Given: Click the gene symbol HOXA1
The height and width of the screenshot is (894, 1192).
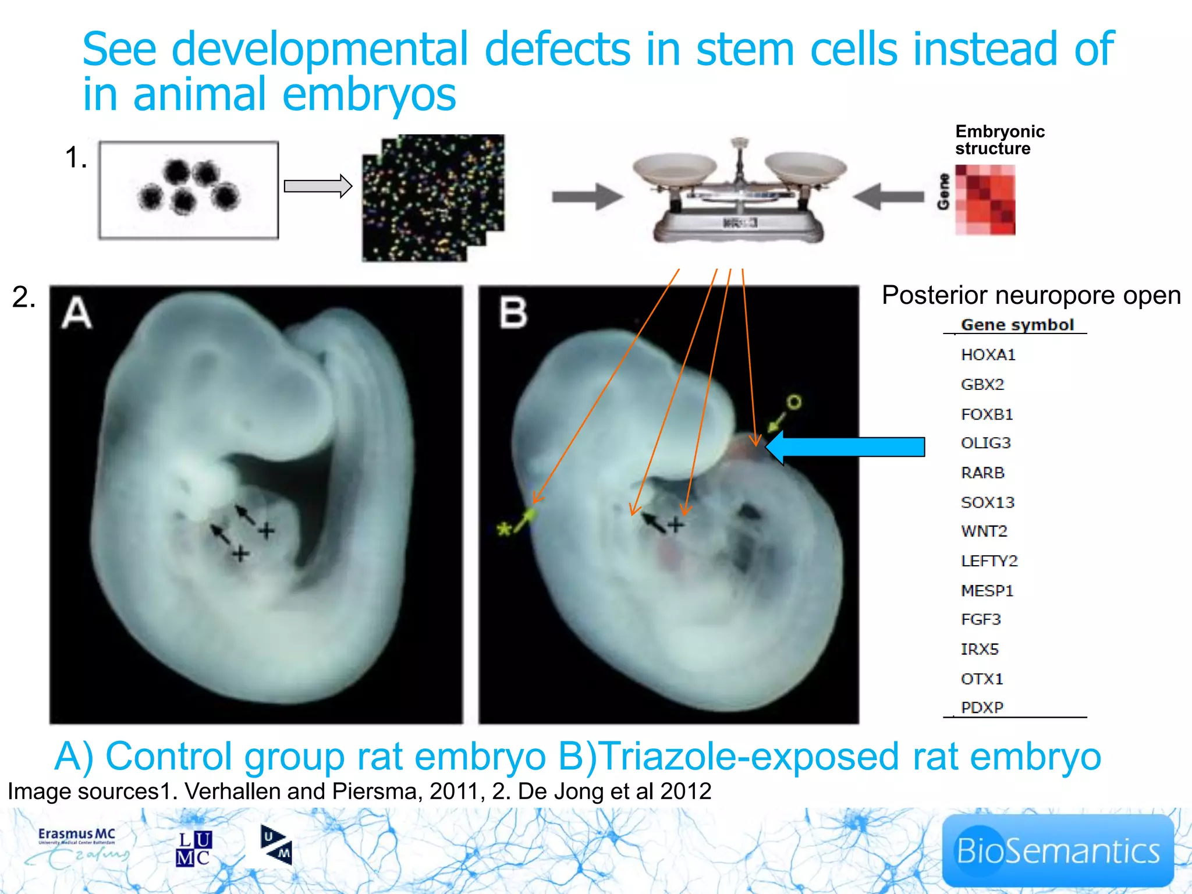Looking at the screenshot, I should [x=988, y=354].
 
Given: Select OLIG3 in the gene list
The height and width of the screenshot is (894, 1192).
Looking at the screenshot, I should [x=985, y=443].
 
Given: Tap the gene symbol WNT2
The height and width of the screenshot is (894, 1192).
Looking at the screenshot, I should [x=984, y=531].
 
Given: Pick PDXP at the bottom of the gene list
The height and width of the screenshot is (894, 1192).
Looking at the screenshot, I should [x=982, y=707].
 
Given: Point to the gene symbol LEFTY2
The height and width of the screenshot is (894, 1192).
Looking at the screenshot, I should [x=989, y=560].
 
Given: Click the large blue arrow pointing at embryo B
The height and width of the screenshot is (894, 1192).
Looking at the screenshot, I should [x=847, y=447].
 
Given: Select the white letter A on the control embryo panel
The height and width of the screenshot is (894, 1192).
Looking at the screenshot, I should [x=77, y=313].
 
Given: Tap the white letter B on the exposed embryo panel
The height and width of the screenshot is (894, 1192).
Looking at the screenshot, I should [x=513, y=313].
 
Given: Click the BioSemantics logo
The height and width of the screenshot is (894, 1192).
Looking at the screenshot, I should [x=1058, y=850].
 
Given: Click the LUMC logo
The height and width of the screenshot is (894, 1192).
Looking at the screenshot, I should [x=194, y=849].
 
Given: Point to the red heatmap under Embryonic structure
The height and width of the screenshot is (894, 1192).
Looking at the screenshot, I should [x=985, y=200].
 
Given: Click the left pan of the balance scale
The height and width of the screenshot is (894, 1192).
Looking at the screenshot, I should [x=675, y=166].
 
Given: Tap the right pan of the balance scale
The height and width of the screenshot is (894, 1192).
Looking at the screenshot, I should [x=806, y=166].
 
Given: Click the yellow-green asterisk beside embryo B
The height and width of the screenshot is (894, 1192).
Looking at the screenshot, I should [x=503, y=529].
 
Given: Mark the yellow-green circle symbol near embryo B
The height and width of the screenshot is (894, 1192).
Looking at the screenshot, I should [x=794, y=402].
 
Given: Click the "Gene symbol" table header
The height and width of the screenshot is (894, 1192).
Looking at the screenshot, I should [x=1017, y=325].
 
